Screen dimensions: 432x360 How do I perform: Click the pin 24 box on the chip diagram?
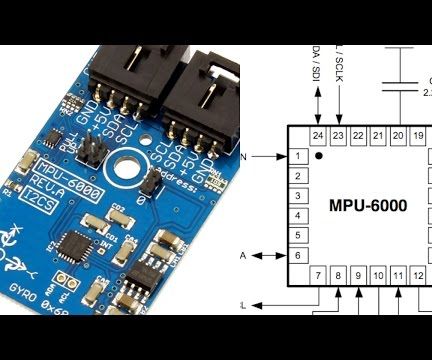coord(318,135)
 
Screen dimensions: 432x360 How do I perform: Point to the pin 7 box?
coord(318,276)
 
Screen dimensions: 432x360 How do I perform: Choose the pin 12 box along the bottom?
coord(418,276)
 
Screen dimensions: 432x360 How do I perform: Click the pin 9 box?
coord(358,276)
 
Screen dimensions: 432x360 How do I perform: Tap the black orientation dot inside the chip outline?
coord(319,157)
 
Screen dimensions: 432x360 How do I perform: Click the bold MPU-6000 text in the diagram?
coord(368,205)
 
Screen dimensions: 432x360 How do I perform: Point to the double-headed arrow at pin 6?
coord(267,256)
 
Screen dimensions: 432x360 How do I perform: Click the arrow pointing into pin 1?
coord(272,156)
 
